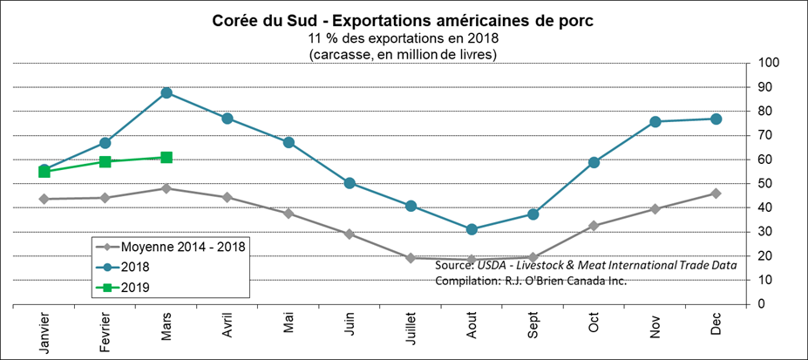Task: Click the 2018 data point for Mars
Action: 166,92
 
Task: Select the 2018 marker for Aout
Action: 472,229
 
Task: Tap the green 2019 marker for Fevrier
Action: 105,161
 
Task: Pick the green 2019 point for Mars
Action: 166,158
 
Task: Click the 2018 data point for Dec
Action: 716,119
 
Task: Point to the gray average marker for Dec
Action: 716,193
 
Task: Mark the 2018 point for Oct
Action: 594,162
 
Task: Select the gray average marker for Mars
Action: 166,188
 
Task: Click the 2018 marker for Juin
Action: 350,183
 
